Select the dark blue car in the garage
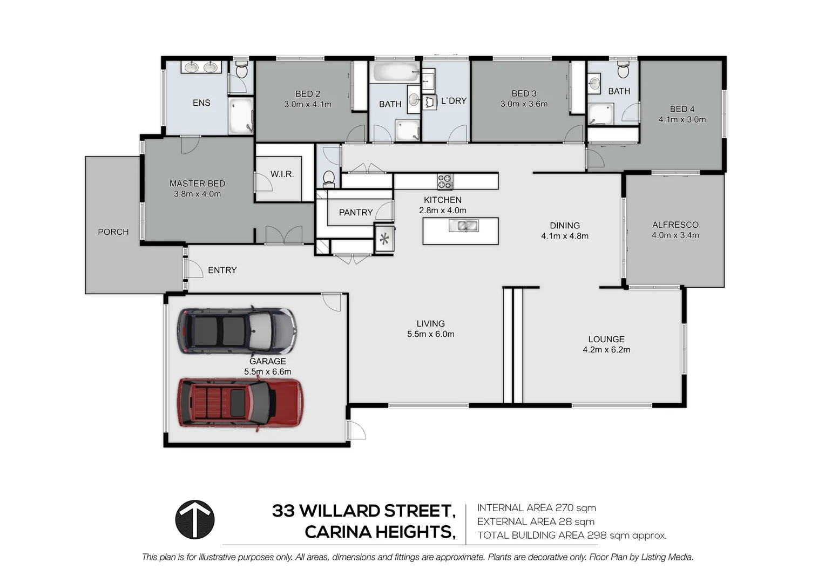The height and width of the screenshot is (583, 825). [237, 330]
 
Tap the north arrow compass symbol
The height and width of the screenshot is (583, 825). [195, 520]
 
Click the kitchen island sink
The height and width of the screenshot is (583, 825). [463, 226]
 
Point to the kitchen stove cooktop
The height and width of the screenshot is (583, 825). [445, 182]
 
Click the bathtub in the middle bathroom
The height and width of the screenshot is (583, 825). [395, 72]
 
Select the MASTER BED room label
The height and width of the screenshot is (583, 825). [197, 184]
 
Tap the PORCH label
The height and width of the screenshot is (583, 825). [113, 232]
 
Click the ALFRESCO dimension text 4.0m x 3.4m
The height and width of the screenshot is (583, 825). [675, 235]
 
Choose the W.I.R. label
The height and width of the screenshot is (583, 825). [282, 174]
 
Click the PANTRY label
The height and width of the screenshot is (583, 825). [355, 213]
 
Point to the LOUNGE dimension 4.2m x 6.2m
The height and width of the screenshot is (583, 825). [606, 350]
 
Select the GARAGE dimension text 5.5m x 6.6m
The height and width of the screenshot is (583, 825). [267, 371]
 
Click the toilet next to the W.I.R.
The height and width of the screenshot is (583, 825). [328, 178]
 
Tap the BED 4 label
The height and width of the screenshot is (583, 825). [682, 109]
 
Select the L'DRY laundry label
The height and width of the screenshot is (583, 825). [454, 101]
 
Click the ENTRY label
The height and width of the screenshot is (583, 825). [222, 270]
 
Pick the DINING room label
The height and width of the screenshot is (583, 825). [565, 226]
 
